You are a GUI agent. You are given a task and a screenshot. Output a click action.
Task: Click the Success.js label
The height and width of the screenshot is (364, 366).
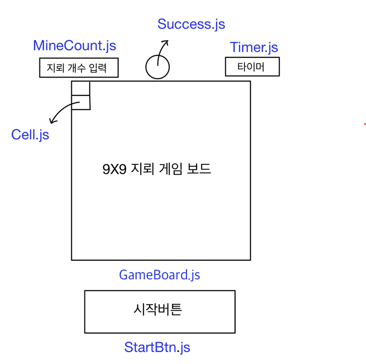click(191, 24)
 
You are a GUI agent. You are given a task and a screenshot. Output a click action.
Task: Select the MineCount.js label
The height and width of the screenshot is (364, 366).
click(74, 46)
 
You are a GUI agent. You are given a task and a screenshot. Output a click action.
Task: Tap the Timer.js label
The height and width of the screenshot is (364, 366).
click(253, 47)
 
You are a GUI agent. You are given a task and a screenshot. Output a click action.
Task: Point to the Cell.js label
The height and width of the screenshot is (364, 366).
click(30, 135)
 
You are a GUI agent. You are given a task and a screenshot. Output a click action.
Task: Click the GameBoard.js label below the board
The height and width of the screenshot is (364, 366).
click(160, 275)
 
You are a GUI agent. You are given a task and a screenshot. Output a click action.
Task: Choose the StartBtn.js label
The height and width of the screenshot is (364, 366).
click(157, 347)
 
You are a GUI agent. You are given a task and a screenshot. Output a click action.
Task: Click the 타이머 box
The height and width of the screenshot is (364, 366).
click(252, 67)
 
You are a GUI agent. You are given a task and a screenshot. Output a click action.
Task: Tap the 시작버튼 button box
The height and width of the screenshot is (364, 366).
click(160, 311)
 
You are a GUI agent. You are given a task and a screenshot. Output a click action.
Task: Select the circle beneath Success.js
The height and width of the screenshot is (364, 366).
click(157, 67)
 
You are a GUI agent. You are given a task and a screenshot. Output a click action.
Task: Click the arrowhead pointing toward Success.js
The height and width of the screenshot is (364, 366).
click(165, 43)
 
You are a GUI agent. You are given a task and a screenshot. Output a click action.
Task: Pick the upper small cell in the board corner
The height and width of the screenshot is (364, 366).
click(80, 88)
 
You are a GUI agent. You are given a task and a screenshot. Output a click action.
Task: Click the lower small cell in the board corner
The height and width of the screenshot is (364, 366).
click(80, 102)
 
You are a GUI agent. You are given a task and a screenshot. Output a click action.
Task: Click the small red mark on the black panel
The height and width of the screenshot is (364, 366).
click(365, 124)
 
